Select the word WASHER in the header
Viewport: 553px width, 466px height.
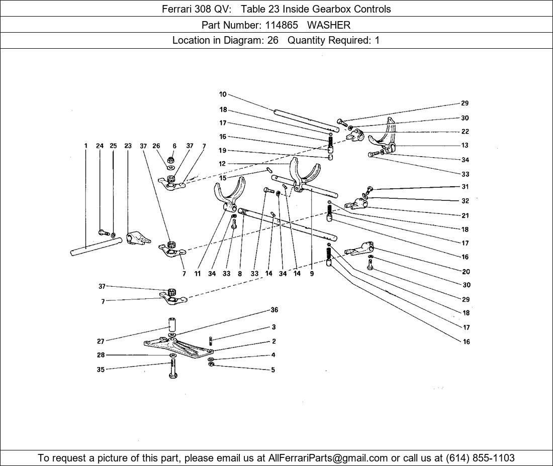tap(329, 25)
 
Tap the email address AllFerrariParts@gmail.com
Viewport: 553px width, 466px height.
tap(328, 458)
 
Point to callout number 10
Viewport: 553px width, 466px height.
tap(223, 94)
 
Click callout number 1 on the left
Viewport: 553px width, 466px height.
tap(86, 146)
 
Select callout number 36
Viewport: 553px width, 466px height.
tap(274, 310)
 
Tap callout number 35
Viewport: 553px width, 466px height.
tap(101, 370)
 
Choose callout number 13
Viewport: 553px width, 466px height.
tap(465, 146)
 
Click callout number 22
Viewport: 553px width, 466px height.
tap(465, 132)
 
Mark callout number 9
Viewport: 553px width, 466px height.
tap(312, 274)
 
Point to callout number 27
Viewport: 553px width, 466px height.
tap(101, 341)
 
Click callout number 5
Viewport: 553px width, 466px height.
tap(273, 370)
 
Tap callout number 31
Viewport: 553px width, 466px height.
tap(465, 187)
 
